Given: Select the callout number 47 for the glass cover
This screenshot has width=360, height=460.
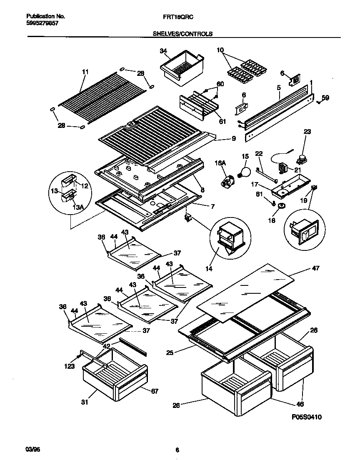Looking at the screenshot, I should [x=315, y=268].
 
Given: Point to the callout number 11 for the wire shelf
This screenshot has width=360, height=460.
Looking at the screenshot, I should [x=85, y=72].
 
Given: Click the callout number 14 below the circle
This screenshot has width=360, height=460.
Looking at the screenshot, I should [x=209, y=269].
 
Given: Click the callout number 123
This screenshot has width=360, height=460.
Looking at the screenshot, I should [x=70, y=366].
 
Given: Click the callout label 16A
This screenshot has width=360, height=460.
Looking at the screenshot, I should [x=221, y=164].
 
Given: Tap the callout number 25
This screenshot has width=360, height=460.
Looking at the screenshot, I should [x=170, y=352].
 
